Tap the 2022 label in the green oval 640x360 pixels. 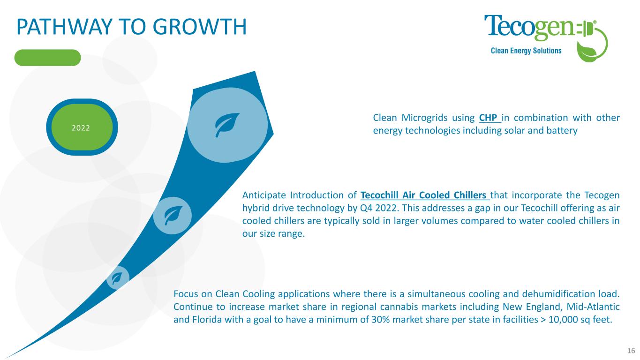click(x=81, y=127)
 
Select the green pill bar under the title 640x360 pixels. click(x=48, y=58)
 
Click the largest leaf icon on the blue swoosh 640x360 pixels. click(x=227, y=125)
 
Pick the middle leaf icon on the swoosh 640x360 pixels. click(x=173, y=216)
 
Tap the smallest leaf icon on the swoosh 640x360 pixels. click(x=117, y=278)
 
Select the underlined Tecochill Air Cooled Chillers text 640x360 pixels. click(x=425, y=195)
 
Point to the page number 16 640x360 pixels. click(x=631, y=351)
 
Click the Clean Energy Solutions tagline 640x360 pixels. click(x=526, y=51)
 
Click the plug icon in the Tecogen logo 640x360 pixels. click(x=586, y=30)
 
